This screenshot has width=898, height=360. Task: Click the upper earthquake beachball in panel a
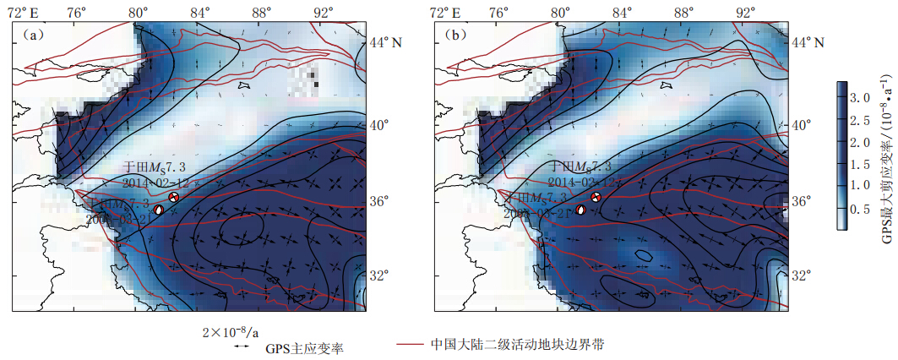[x=174, y=197]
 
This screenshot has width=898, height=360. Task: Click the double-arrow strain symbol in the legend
[x=241, y=346]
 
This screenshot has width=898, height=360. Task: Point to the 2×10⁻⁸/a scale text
[x=231, y=331]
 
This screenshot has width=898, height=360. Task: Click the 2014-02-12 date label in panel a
[x=160, y=182]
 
